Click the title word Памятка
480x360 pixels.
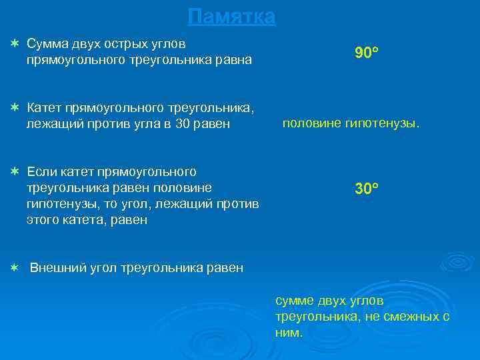click(x=231, y=17)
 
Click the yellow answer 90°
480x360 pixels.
click(x=367, y=53)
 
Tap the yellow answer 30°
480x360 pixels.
click(x=367, y=189)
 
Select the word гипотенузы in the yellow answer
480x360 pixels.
click(x=383, y=123)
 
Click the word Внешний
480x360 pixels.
click(x=56, y=268)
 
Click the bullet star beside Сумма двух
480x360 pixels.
click(x=14, y=43)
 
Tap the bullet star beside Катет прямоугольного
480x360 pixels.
click(x=14, y=107)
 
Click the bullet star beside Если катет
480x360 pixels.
click(x=14, y=171)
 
